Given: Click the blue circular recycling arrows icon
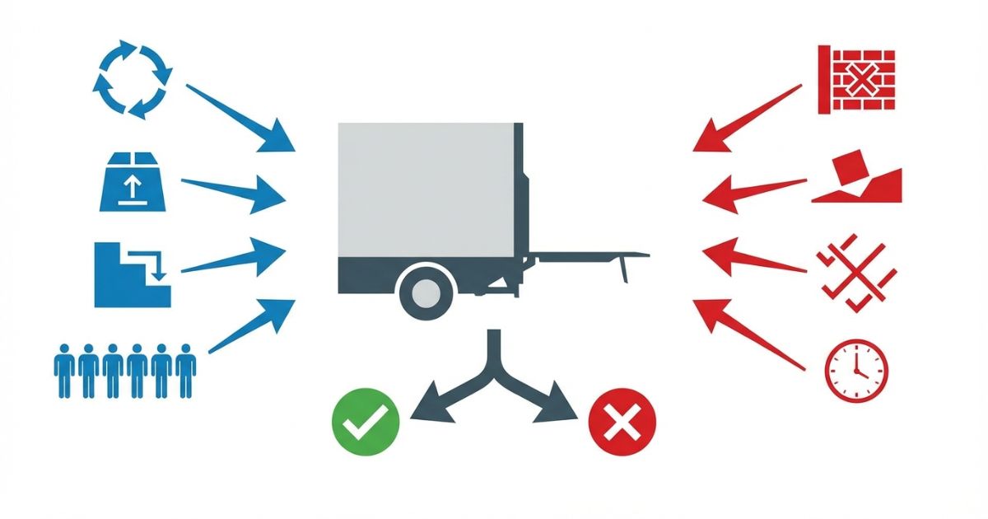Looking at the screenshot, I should click(x=132, y=80).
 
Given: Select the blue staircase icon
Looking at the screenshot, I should click(x=132, y=274).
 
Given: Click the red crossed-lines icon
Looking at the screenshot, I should click(x=856, y=277).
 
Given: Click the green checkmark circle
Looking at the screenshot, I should click(x=366, y=423).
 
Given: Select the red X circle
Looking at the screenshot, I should click(x=623, y=423).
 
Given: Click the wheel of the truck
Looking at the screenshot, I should click(x=426, y=290).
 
